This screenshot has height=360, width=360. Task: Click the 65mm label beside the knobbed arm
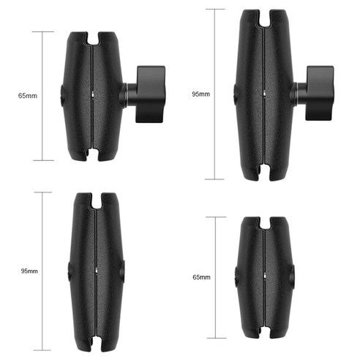(x=29, y=96)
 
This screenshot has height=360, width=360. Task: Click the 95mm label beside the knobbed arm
(x=200, y=94)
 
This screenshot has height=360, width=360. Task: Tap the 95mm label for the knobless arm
(x=29, y=271)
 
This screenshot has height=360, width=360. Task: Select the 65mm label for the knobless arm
(x=200, y=278)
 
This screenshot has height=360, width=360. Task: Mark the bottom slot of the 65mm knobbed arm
(x=94, y=155)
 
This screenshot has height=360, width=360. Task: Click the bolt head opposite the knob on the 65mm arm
(x=64, y=96)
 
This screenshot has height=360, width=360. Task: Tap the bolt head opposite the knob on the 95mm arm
(x=234, y=94)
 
